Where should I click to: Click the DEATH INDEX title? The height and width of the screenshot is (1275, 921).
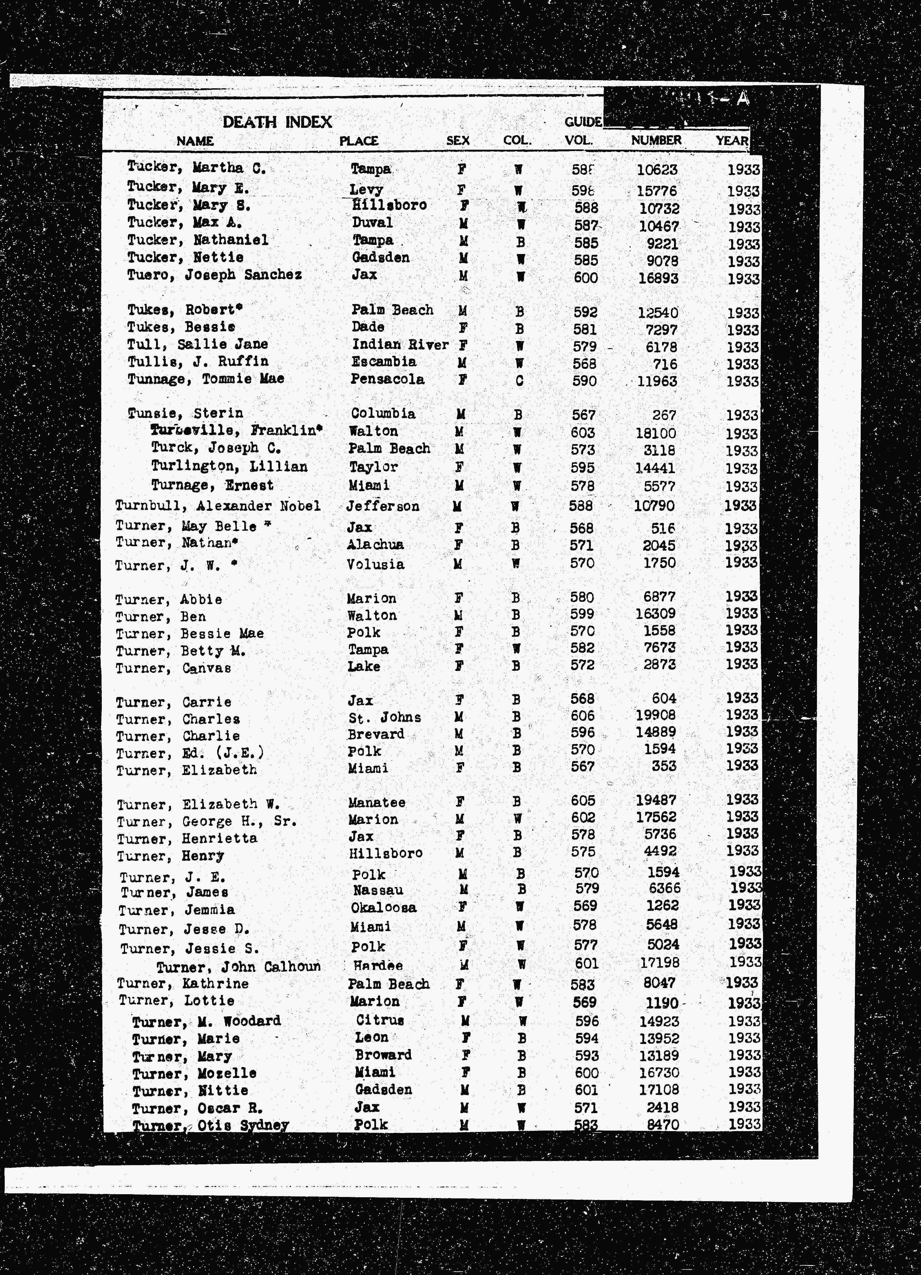tap(277, 122)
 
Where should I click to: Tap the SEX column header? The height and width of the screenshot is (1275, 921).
tap(458, 141)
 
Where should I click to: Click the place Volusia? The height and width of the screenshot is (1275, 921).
tap(375, 564)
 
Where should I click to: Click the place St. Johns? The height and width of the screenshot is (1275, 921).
tap(384, 717)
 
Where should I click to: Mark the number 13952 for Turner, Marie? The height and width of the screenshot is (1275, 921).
tap(659, 1038)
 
